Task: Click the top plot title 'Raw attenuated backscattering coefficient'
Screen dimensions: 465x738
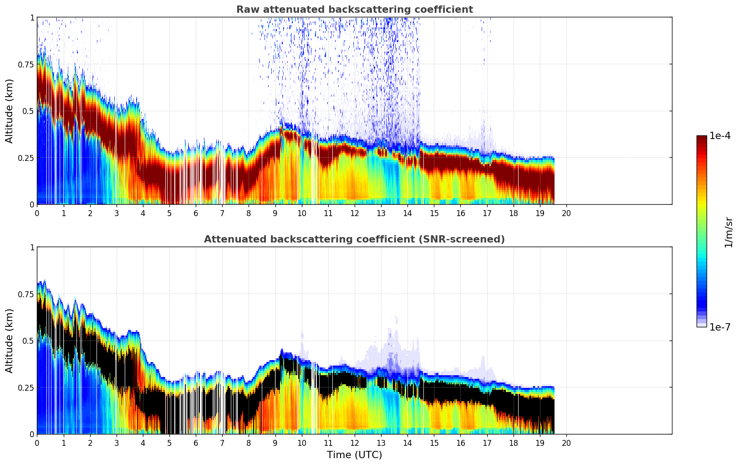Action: pyautogui.click(x=354, y=10)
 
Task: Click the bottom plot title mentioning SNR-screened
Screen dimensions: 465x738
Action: pyautogui.click(x=354, y=239)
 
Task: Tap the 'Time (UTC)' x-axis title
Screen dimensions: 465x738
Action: pyautogui.click(x=354, y=455)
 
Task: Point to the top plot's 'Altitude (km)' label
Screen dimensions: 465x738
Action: pyautogui.click(x=10, y=111)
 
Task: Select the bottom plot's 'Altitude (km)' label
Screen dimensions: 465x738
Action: pyautogui.click(x=10, y=341)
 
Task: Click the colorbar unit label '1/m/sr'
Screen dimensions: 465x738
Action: pyautogui.click(x=728, y=232)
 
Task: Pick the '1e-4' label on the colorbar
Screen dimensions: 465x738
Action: pyautogui.click(x=720, y=136)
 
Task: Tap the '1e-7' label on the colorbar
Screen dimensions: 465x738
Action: pyautogui.click(x=720, y=327)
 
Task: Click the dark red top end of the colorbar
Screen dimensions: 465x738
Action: pyautogui.click(x=702, y=138)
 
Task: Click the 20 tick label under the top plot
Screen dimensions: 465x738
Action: pyautogui.click(x=566, y=213)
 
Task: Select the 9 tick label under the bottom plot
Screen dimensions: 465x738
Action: pyautogui.click(x=275, y=443)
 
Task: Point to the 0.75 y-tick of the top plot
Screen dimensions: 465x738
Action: pyautogui.click(x=25, y=64)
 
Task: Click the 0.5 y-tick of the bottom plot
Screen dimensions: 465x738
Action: pyautogui.click(x=28, y=341)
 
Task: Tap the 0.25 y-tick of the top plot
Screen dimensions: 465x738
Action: pyautogui.click(x=25, y=158)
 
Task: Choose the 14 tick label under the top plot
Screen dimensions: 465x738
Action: pyautogui.click(x=407, y=213)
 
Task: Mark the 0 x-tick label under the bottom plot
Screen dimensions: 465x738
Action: pyautogui.click(x=37, y=443)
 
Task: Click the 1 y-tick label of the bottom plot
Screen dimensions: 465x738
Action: pyautogui.click(x=32, y=247)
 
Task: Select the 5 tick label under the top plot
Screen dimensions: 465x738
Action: pyautogui.click(x=169, y=213)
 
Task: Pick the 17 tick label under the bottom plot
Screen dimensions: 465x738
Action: pyautogui.click(x=487, y=443)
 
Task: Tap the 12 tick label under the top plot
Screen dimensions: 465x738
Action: pyautogui.click(x=355, y=213)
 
